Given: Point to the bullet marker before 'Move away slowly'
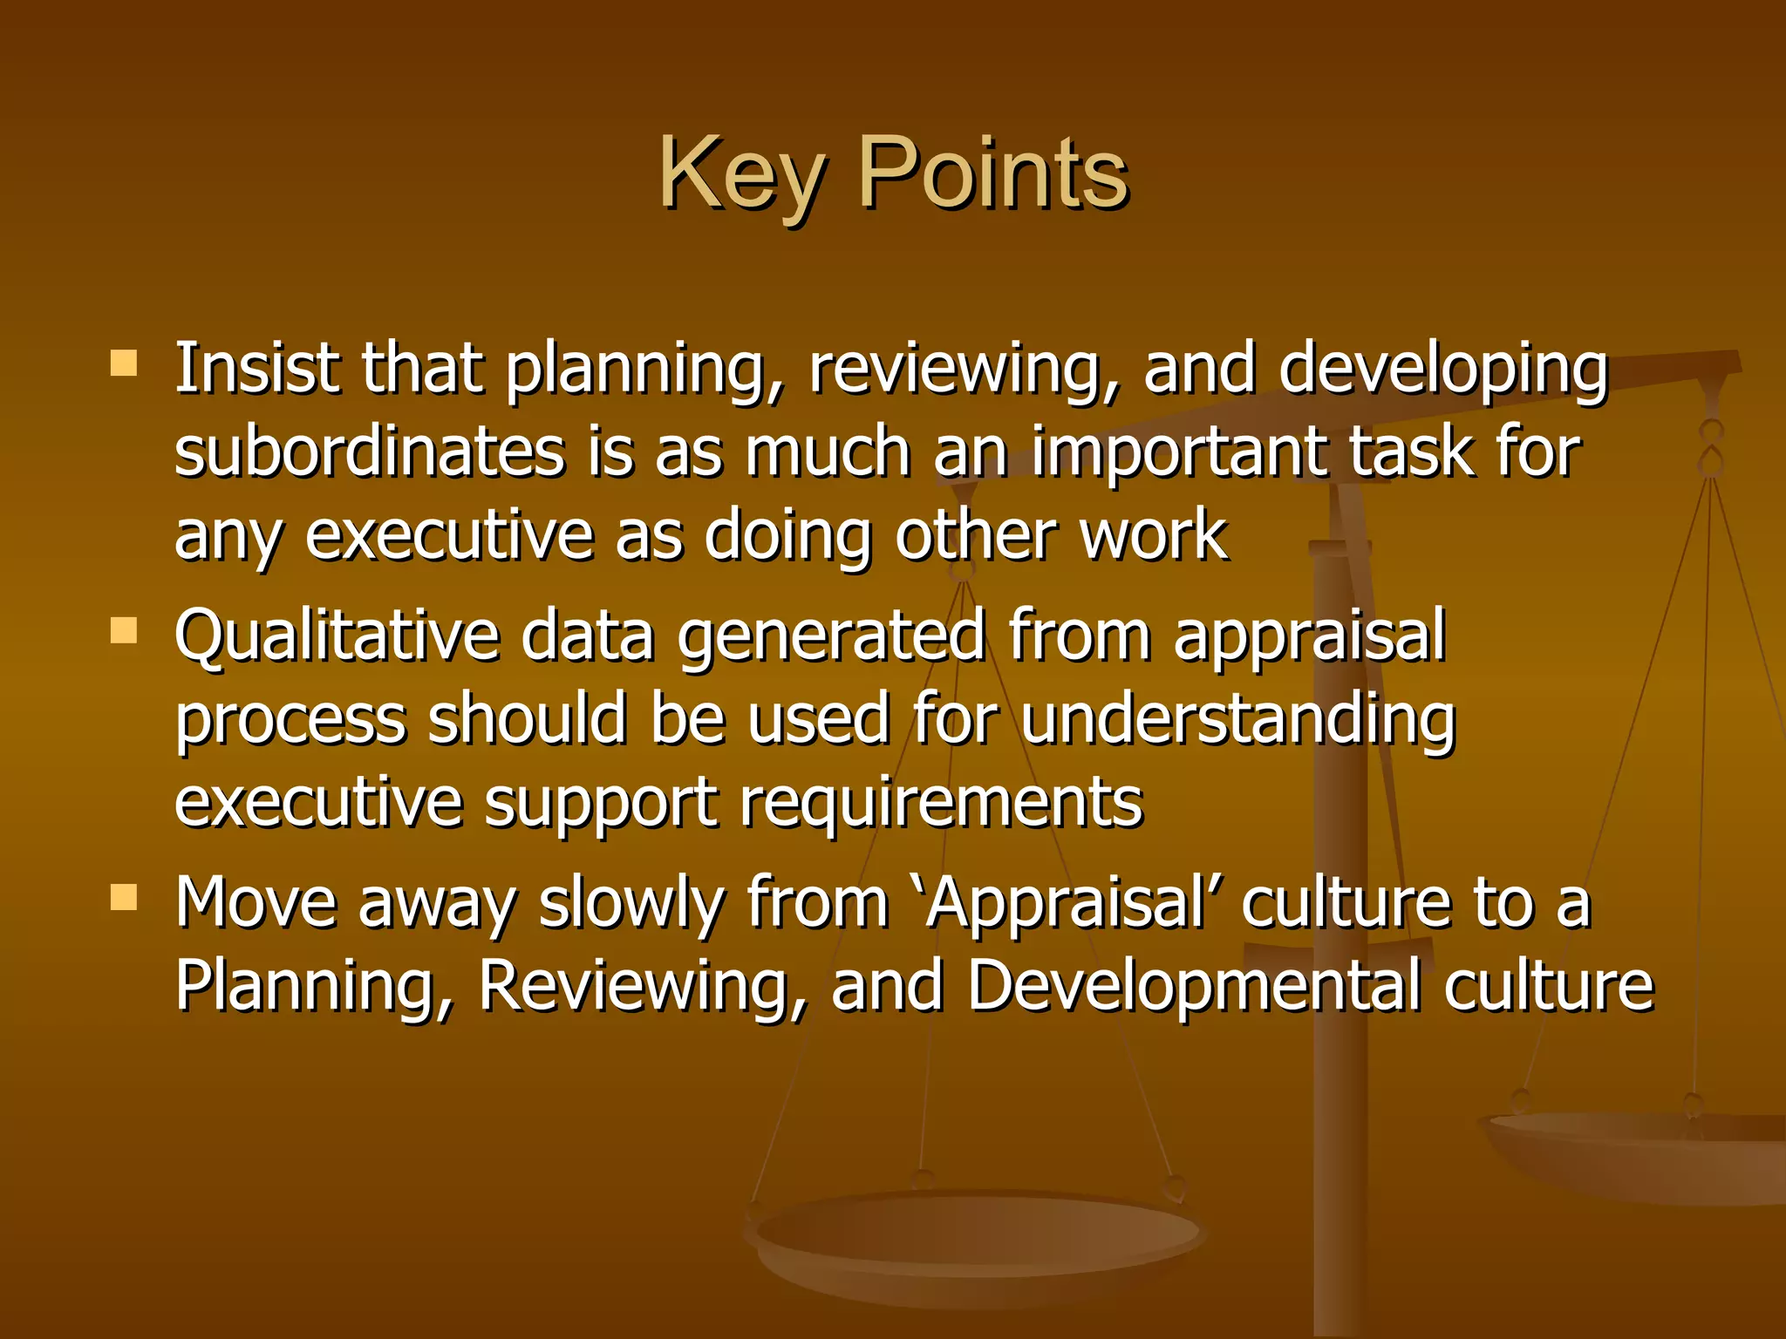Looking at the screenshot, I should click(x=124, y=897).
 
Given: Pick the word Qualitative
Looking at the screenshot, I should click(x=337, y=636).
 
